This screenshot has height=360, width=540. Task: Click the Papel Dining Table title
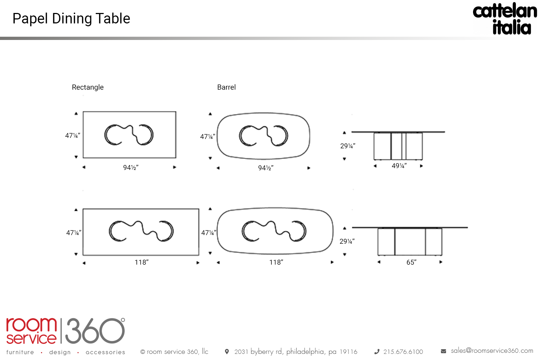coord(71,19)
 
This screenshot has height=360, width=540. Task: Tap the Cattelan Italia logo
coord(505,19)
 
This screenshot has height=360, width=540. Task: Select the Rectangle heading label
coord(88,87)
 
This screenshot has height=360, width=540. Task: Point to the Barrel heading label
coord(226,87)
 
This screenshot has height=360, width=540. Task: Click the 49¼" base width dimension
coord(399,166)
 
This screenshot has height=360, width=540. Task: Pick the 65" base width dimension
coord(411,262)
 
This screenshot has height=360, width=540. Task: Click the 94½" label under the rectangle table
coord(131,167)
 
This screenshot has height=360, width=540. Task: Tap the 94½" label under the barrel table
coord(266,168)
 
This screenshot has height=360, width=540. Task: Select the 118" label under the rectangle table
coord(141,262)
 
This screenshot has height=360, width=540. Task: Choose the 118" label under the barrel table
coord(276,262)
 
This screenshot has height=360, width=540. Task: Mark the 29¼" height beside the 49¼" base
coord(348,146)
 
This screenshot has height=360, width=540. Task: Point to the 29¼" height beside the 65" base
coord(347,241)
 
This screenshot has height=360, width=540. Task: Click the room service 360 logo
coord(66,331)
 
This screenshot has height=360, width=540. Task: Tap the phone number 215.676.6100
coord(403,352)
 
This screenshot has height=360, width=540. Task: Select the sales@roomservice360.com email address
coord(492,351)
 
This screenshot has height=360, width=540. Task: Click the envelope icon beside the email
coord(444,351)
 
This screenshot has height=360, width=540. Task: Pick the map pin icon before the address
coord(227,352)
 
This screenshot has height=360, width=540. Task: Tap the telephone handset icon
coord(377,352)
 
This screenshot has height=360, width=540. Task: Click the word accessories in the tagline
coord(105,352)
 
